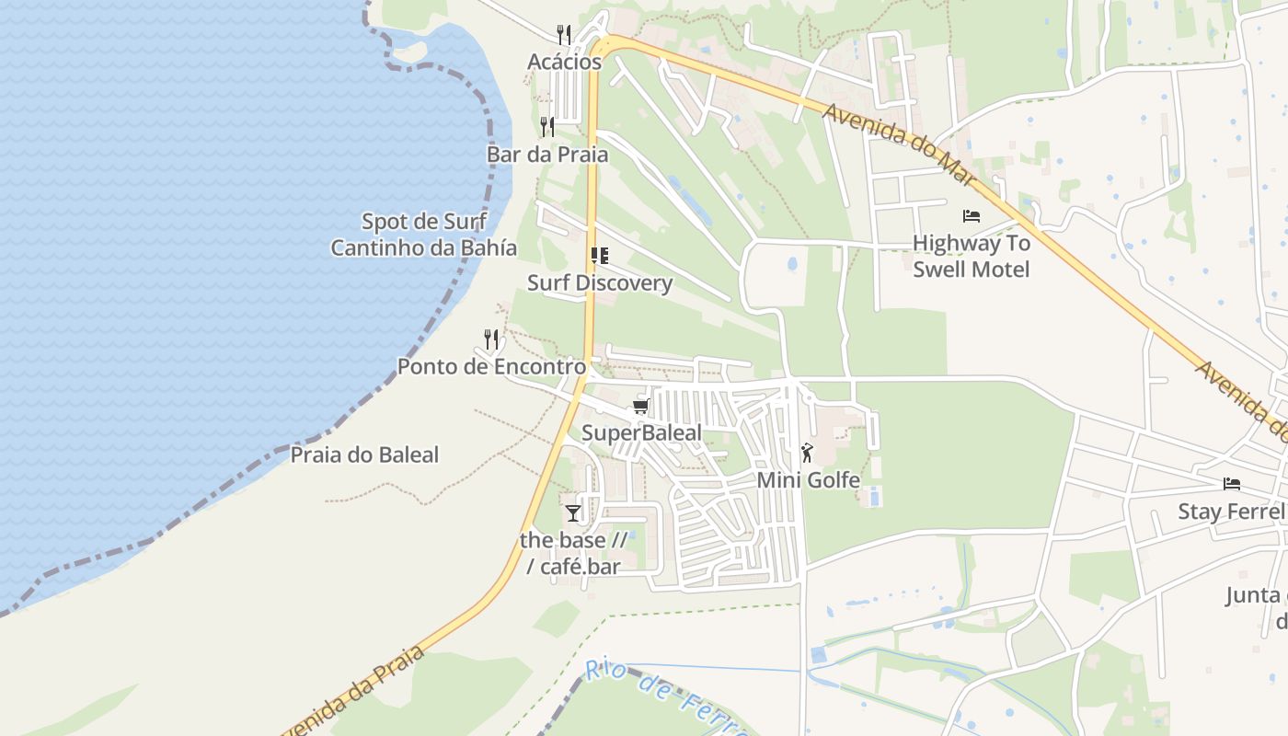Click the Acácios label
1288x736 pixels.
point(564,62)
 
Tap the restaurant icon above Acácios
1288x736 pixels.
point(564,35)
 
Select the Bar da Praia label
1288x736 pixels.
point(547,154)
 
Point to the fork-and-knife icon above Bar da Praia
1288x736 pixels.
point(547,126)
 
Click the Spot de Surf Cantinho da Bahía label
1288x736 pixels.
point(423,235)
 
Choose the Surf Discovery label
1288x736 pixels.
point(600,282)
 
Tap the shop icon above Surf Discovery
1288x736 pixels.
point(600,256)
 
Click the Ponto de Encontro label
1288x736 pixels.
point(491,366)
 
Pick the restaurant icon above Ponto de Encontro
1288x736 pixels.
point(491,339)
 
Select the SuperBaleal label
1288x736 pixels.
point(641,432)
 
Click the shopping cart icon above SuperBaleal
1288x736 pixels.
point(641,406)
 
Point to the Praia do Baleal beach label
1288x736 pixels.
point(365,454)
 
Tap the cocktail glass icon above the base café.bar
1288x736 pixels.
point(573,512)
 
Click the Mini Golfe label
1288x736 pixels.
point(808,479)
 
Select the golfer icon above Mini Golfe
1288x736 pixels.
point(808,453)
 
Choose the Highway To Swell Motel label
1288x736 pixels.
point(971,257)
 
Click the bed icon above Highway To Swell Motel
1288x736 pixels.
point(971,216)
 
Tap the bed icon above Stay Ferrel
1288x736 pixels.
point(1232,484)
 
